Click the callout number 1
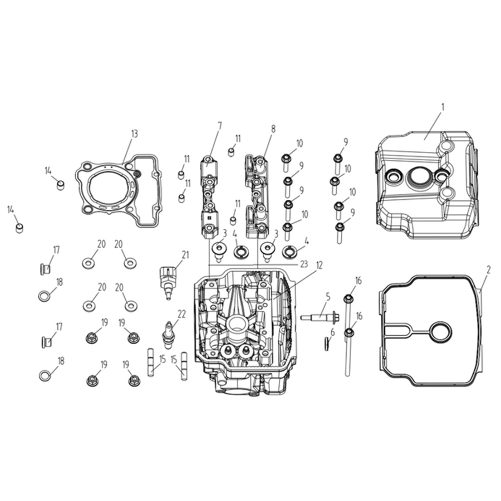click(443, 107)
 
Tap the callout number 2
click(488, 271)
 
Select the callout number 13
click(134, 134)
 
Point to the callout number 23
click(304, 264)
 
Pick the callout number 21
click(185, 255)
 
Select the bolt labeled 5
click(320, 317)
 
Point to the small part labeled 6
click(327, 345)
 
